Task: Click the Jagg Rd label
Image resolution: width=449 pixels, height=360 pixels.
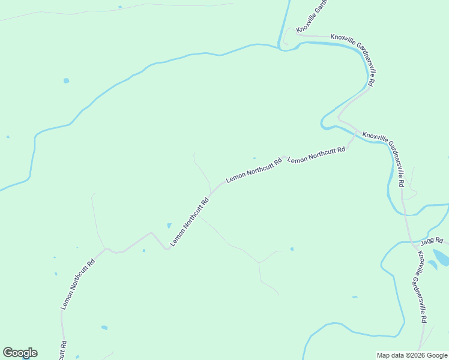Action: [x=432, y=241]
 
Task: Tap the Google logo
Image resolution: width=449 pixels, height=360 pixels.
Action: [x=20, y=353]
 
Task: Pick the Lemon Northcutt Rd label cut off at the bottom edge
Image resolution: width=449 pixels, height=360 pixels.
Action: [x=63, y=350]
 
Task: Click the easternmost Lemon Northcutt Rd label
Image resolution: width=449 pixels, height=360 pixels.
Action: [x=316, y=154]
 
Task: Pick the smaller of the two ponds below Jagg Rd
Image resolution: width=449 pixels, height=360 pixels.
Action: [x=432, y=265]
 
